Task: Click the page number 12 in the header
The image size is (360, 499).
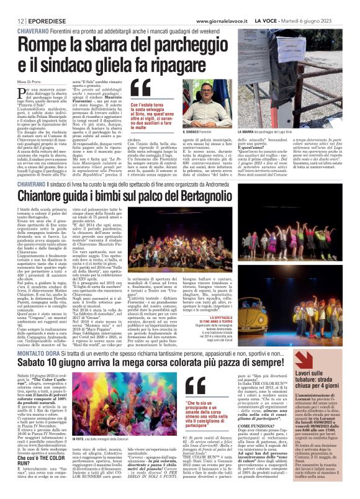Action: click(12, 6)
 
